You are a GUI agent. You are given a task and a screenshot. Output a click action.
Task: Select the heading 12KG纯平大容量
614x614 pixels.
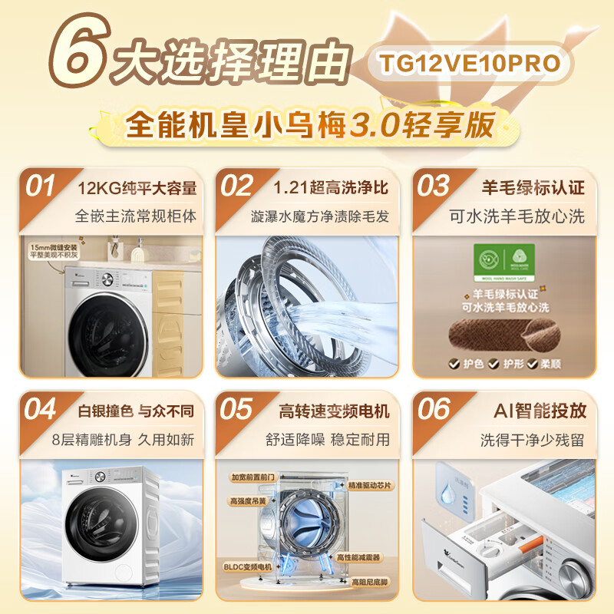tap(137, 187)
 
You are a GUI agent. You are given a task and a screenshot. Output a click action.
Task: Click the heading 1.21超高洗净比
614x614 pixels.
tap(331, 187)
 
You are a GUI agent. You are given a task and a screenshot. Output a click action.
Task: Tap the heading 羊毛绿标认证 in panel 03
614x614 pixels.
tap(533, 187)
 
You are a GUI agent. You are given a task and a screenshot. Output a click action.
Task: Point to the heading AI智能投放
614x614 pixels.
tap(538, 411)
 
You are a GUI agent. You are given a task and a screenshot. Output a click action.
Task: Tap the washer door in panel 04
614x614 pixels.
tap(96, 523)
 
